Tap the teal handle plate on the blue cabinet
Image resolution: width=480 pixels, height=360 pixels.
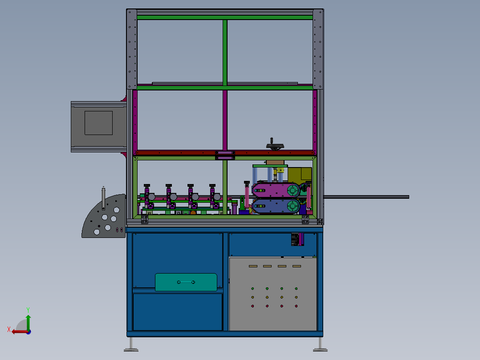click(186, 282)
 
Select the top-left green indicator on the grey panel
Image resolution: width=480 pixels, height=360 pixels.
click(252, 289)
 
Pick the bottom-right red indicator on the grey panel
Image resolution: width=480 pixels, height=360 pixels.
click(296, 306)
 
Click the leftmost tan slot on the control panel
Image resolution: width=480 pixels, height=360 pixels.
click(253, 266)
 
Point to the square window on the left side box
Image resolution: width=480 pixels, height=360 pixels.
click(98, 123)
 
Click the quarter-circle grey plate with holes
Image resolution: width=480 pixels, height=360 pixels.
click(104, 216)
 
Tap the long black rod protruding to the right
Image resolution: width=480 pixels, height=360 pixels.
click(366, 197)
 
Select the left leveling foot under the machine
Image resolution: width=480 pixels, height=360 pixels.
click(131, 345)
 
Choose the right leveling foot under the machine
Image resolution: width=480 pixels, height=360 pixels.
click(320, 345)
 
